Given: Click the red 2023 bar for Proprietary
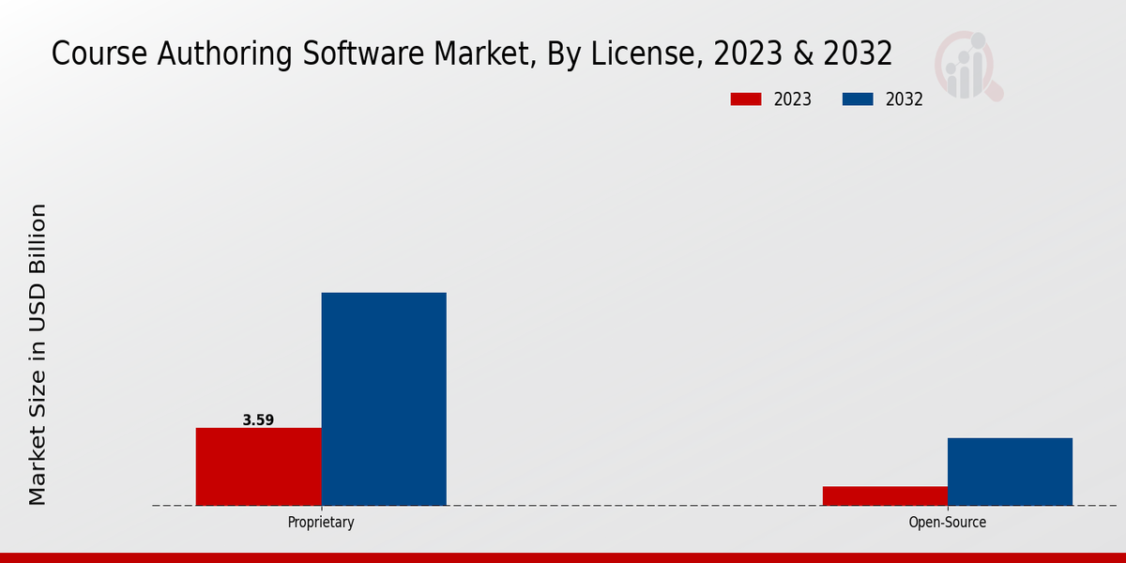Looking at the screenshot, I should (258, 466).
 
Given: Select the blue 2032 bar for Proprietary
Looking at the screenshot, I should (384, 399).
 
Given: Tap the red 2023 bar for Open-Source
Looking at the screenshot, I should (885, 495).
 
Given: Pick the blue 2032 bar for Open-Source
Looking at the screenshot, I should (1010, 471).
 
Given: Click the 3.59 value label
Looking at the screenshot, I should (258, 420).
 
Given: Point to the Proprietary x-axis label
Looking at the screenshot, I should (321, 523).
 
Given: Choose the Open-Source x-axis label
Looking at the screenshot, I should (947, 523).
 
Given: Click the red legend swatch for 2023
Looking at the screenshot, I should (746, 99).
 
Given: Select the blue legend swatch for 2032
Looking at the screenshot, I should (858, 99).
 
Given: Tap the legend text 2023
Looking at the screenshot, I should (793, 99).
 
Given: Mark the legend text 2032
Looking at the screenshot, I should (905, 99).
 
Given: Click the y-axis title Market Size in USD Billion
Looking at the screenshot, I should (38, 354).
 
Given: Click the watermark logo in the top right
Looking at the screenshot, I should (967, 66).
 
